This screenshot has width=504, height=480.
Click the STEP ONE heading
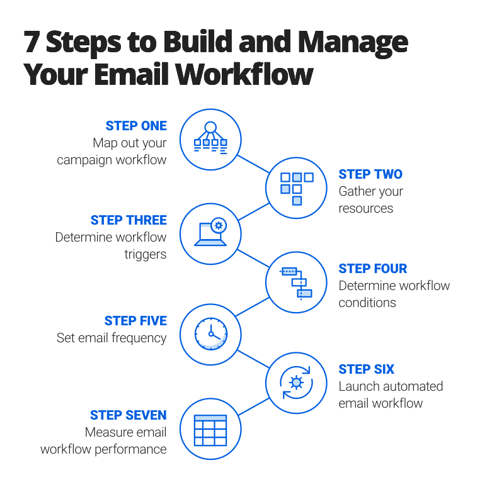tap(135, 126)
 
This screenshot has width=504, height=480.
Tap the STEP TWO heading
tap(370, 174)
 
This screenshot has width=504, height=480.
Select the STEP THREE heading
tap(128, 220)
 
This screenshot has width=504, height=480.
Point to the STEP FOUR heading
tap(373, 269)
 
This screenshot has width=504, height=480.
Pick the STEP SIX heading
tap(366, 369)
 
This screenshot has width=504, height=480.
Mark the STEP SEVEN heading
tap(128, 415)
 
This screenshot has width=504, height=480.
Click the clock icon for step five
tap(210, 334)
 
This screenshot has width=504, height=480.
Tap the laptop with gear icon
tap(210, 233)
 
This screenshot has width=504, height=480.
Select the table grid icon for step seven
tap(210, 430)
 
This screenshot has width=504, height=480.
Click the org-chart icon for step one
tap(210, 138)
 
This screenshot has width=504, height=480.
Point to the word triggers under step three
tap(145, 254)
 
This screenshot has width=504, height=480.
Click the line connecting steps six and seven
tap(253, 406)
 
